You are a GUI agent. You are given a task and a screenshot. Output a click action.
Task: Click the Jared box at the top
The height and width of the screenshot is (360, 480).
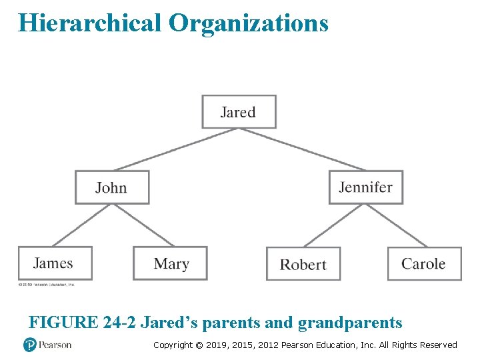239,111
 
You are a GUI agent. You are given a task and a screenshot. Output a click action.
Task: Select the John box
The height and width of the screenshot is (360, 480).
111,187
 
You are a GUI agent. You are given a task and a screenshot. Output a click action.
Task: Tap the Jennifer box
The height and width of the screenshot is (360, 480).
365,187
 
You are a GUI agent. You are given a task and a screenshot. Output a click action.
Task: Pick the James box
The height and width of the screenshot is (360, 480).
55,263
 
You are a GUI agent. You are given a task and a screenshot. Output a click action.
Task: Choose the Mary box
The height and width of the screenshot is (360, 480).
170,263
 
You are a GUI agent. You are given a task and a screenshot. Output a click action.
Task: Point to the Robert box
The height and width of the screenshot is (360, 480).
303,264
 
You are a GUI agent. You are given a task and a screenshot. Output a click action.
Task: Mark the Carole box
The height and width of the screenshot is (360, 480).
425,263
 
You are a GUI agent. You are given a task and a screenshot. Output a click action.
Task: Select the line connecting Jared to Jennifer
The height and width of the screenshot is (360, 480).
303,149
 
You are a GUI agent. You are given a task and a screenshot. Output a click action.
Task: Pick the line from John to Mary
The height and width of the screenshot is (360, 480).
141,225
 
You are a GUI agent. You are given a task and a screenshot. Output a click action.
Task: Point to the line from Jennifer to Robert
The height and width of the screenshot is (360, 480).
333,225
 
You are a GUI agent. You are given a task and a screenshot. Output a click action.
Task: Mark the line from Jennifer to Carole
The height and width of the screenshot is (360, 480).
395,225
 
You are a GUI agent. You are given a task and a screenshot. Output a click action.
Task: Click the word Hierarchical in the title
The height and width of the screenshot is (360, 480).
90,23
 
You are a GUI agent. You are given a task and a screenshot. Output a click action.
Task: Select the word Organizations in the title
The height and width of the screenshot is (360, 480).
249,23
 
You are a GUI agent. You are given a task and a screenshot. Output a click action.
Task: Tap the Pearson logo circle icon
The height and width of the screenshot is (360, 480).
29,345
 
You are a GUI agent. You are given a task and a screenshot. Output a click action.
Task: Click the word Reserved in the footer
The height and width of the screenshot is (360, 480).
437,345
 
